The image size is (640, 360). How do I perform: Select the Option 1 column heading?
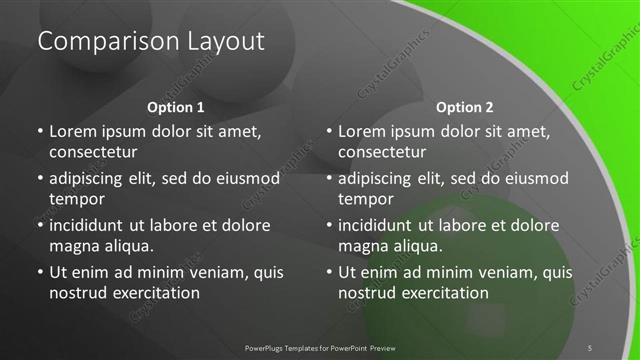pos(175,106)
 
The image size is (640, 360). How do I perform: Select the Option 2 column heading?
pos(465,106)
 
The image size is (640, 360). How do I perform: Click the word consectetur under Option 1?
pos(93,152)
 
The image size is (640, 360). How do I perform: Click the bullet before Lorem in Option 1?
pos(39,132)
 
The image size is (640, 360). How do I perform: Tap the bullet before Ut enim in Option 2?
pos(329,272)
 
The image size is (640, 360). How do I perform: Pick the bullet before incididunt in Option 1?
pos(39,225)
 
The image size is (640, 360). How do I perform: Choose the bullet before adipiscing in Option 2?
pos(329,179)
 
